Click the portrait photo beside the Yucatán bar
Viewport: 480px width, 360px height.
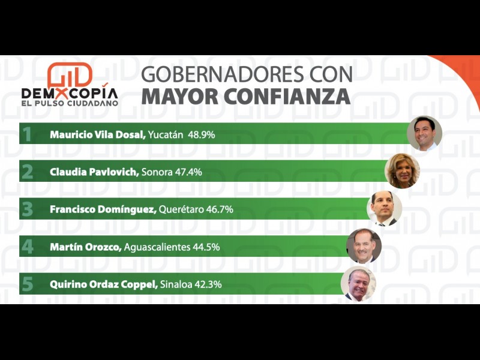424,133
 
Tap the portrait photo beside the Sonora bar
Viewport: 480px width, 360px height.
402,171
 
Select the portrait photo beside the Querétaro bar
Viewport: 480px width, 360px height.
385,208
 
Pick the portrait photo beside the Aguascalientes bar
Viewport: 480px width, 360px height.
364,246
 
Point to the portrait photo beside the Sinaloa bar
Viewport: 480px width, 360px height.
358,284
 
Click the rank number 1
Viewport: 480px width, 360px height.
26,134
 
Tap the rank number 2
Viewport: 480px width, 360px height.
27,172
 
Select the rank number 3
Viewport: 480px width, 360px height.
27,209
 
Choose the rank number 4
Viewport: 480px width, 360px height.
27,247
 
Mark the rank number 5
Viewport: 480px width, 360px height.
27,284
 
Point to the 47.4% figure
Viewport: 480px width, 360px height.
188,172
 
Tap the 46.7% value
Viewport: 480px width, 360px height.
220,209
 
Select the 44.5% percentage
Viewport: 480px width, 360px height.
206,247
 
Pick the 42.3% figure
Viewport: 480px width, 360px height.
208,284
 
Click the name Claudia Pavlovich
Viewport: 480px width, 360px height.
95,172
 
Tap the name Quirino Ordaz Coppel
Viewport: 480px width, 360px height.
103,284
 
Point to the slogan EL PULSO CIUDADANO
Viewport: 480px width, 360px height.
70,103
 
